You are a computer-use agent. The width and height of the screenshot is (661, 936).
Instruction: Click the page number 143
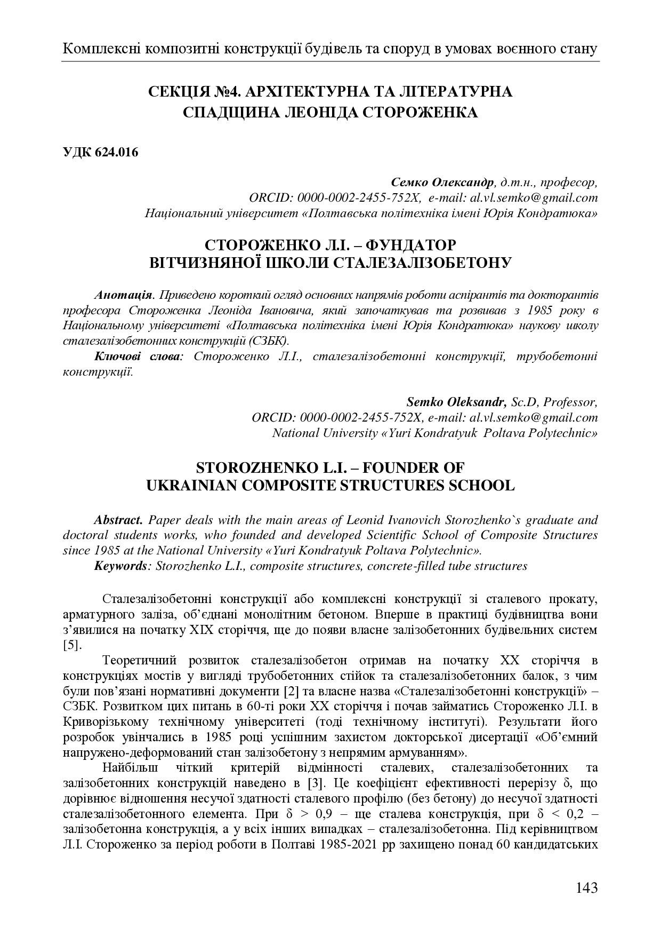point(586,888)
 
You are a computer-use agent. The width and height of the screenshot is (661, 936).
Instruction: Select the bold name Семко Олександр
point(442,183)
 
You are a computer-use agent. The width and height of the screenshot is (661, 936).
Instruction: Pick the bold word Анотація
point(124,295)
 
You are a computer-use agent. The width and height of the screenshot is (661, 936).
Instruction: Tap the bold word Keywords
point(120,566)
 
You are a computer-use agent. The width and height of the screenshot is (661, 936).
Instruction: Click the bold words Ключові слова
point(138,356)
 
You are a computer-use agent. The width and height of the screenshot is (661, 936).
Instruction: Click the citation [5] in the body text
point(71,645)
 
